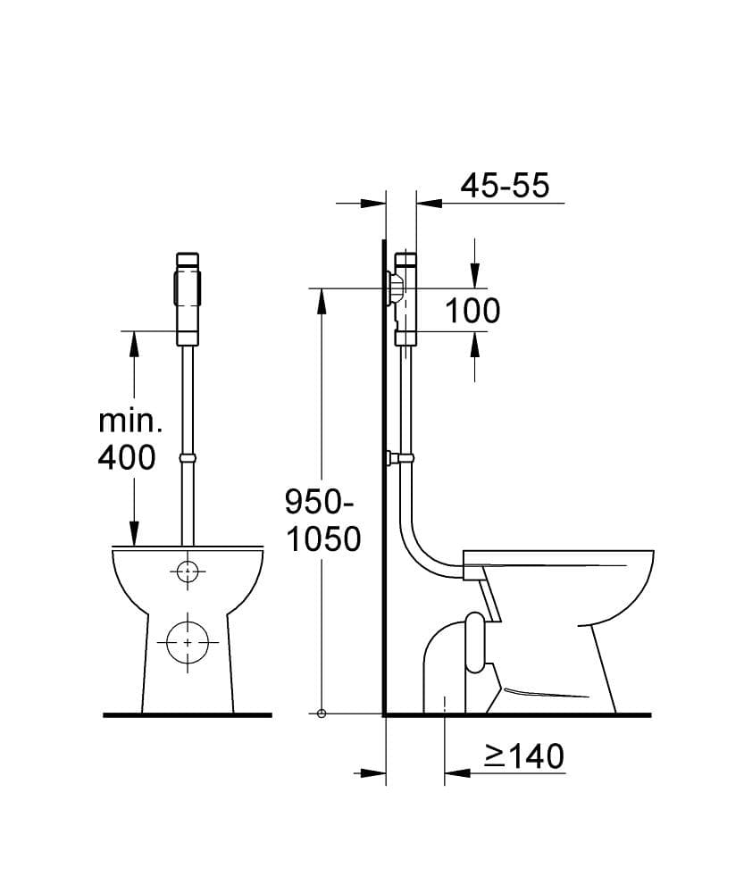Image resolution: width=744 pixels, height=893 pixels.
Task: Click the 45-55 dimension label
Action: (505, 185)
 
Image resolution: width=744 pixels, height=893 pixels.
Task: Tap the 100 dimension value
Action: (472, 311)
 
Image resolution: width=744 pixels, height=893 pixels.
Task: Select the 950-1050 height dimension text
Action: (323, 521)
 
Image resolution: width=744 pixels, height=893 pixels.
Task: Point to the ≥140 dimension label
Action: (524, 755)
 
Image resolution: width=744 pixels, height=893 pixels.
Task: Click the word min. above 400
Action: (130, 421)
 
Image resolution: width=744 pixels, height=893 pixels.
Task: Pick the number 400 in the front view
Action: (127, 456)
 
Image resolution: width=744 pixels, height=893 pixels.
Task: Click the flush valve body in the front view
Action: (188, 299)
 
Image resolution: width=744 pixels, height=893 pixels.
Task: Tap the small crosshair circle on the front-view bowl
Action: (188, 572)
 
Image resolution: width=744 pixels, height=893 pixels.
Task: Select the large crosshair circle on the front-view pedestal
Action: (188, 642)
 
